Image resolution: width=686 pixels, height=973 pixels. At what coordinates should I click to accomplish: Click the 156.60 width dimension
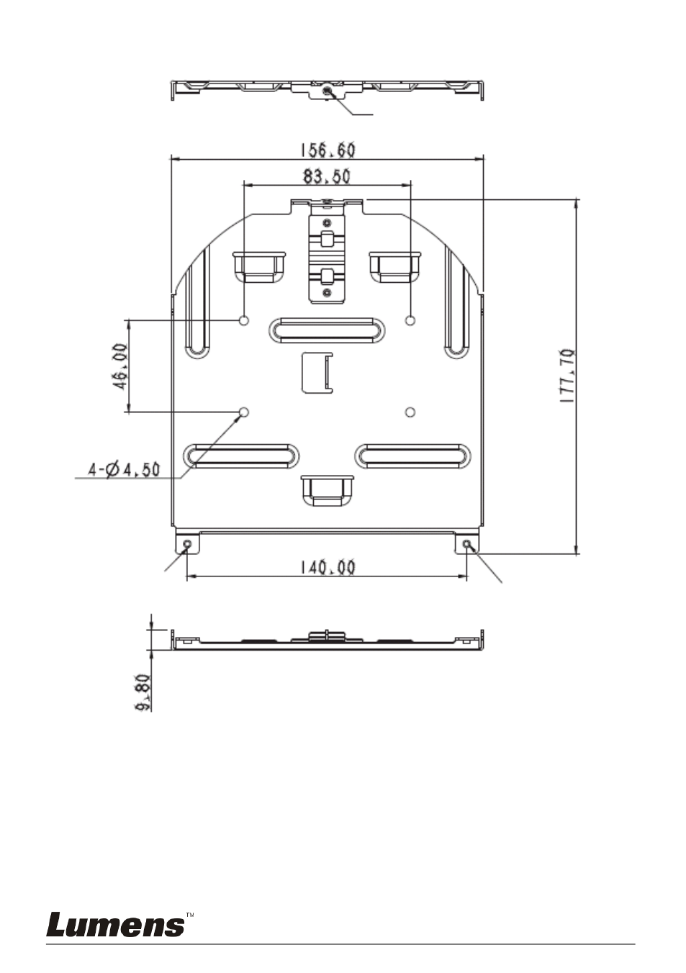click(328, 150)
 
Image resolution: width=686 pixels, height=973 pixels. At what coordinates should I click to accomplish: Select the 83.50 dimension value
click(326, 176)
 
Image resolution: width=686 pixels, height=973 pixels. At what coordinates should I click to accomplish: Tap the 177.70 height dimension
click(568, 376)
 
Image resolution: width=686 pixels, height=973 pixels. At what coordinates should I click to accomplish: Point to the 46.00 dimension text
click(121, 366)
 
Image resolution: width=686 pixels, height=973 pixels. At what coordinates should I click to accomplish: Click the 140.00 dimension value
click(328, 567)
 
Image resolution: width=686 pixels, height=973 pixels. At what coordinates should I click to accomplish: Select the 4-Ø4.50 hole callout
click(125, 469)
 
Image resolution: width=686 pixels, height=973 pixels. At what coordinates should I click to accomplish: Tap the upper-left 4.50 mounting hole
click(244, 321)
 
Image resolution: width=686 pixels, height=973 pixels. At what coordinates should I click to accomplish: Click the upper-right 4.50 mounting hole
click(410, 321)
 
